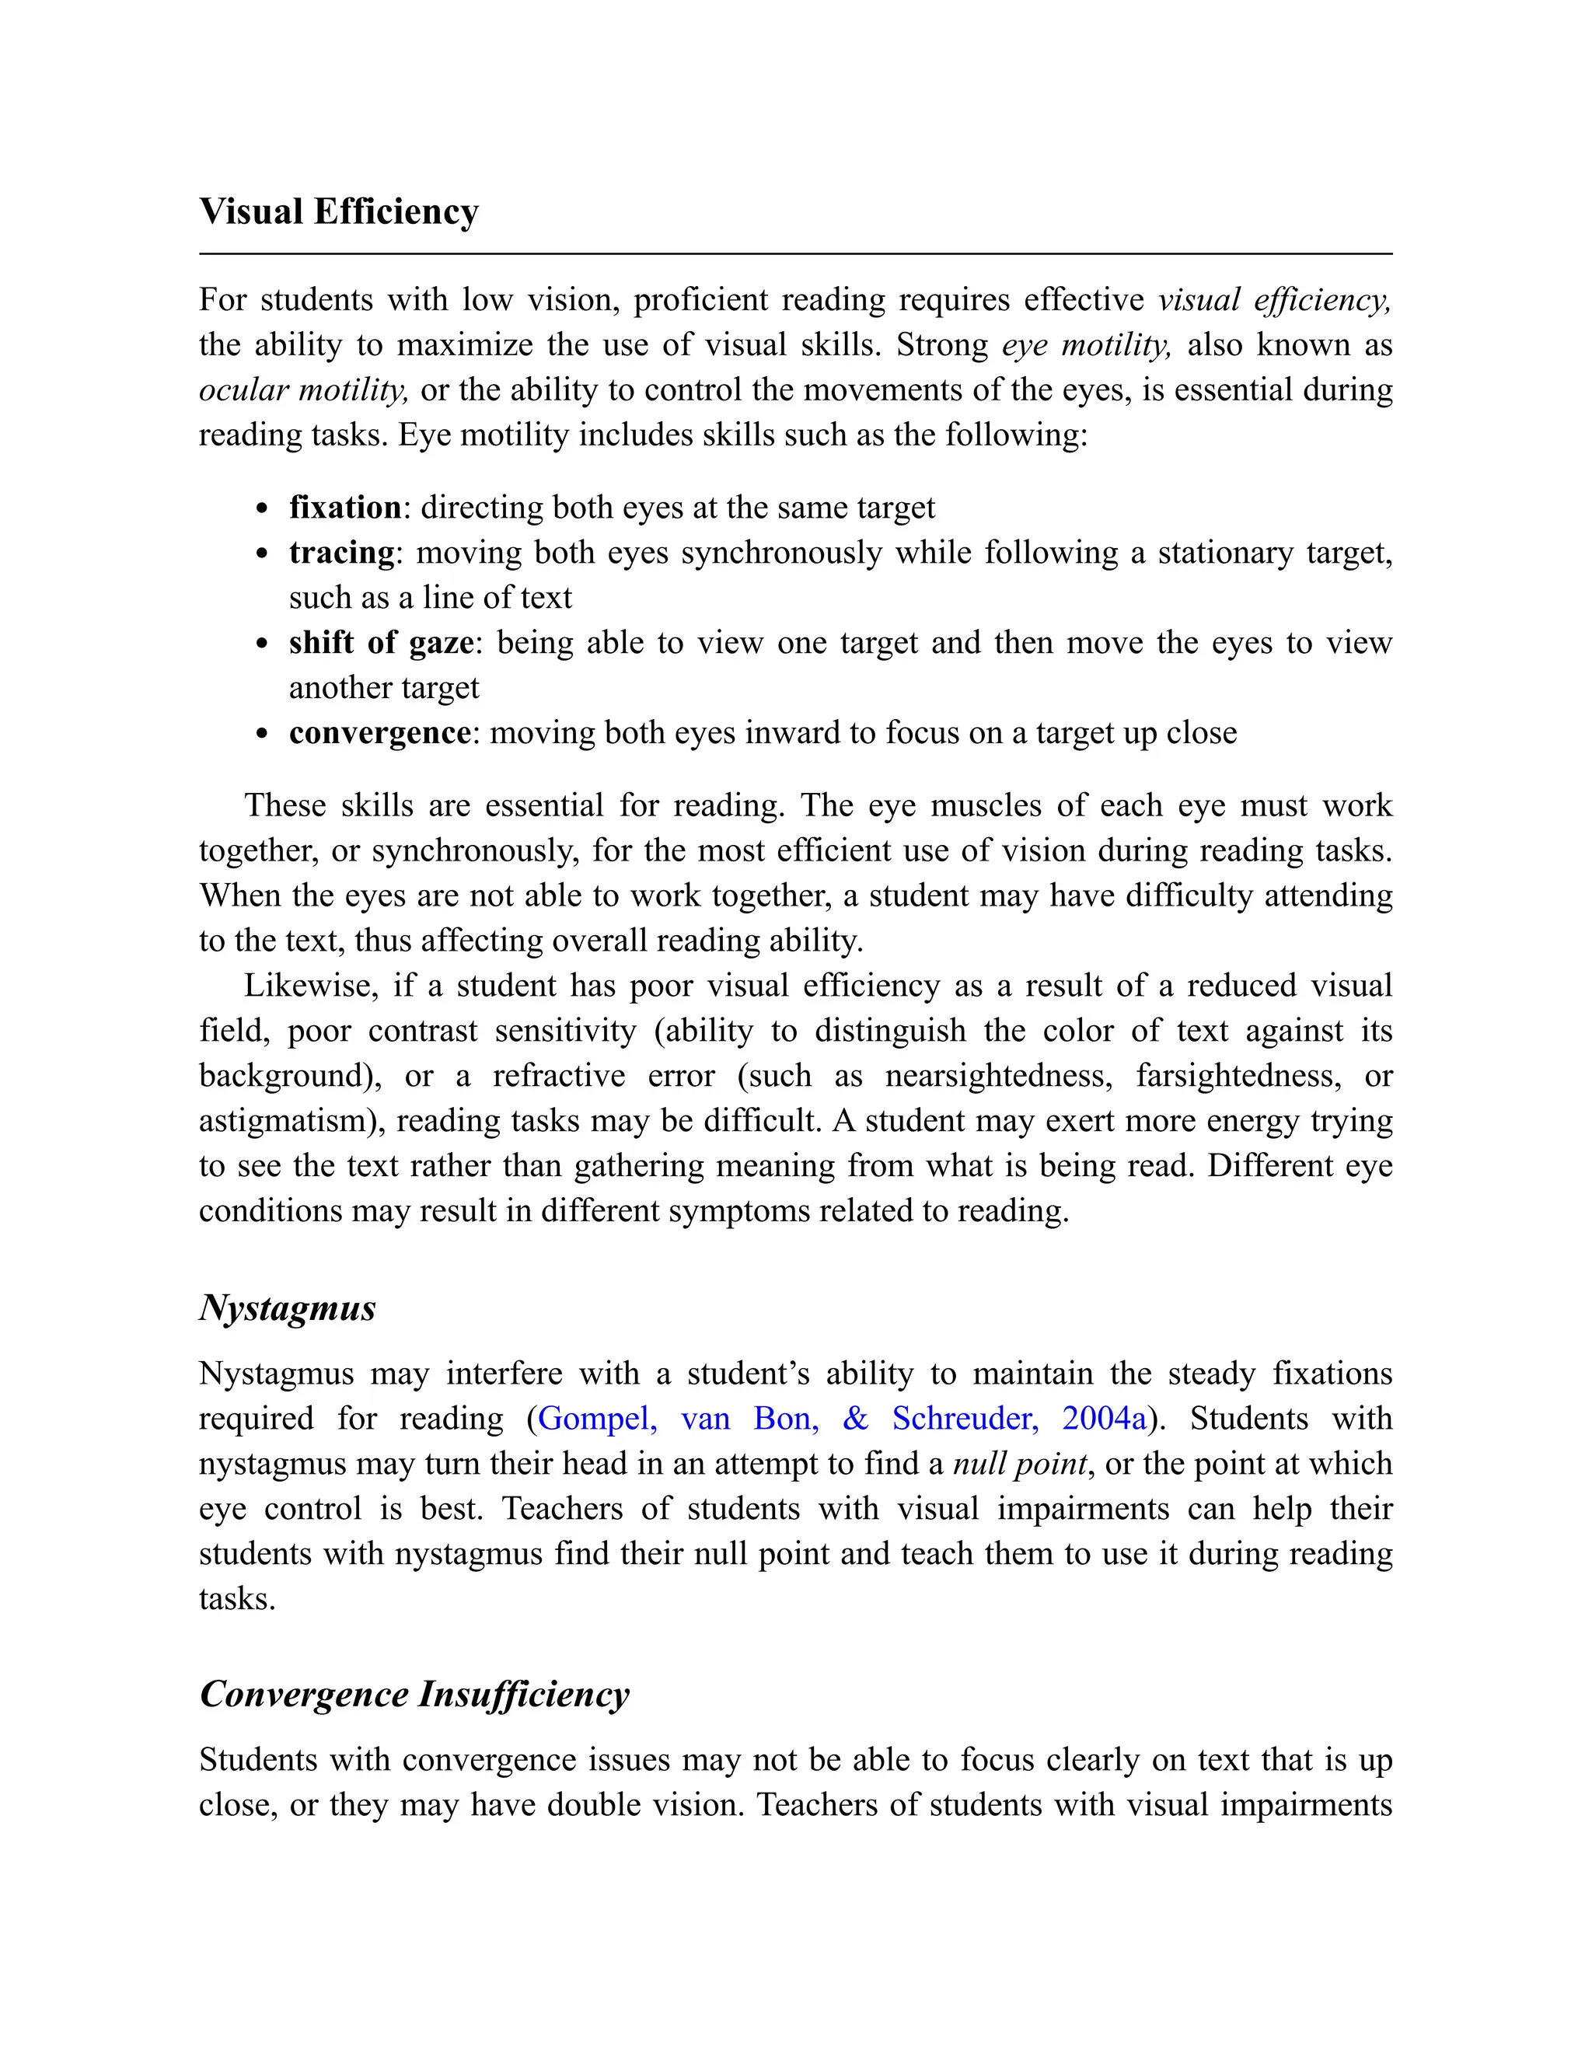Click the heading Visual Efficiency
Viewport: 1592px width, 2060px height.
(x=339, y=212)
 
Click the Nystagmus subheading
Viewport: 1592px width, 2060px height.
(x=288, y=1308)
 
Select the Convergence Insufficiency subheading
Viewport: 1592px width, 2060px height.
(x=414, y=1693)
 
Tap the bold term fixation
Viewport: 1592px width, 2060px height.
(x=345, y=508)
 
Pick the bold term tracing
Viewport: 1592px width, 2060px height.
(x=341, y=553)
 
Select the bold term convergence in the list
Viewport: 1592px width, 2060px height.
(x=379, y=733)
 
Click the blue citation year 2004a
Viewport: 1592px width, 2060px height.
(x=1105, y=1419)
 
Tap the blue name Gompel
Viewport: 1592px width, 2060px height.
(x=597, y=1419)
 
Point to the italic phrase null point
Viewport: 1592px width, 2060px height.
(x=1020, y=1464)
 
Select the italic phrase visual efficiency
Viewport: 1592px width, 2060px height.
(x=1274, y=300)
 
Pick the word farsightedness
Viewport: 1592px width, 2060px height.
(x=1241, y=1076)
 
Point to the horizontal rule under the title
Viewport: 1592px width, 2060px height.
(x=795, y=253)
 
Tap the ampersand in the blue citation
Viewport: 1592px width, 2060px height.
(x=854, y=1419)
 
